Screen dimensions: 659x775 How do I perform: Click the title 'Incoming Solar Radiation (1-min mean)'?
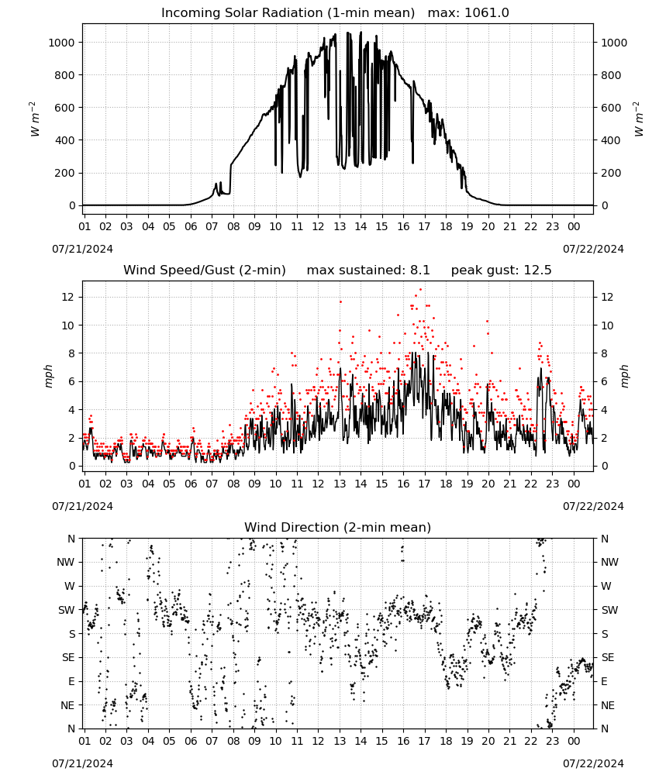288,13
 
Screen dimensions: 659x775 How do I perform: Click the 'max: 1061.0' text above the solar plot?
468,13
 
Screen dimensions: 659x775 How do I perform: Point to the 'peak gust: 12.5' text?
501,270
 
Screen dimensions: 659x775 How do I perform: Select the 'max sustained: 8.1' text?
368,270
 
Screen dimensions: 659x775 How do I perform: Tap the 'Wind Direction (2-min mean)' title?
338,527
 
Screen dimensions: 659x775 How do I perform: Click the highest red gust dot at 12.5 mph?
421,290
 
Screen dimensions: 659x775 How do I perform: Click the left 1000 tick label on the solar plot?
62,43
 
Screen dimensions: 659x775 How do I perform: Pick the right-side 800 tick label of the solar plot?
611,75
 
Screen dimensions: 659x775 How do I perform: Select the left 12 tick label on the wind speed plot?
68,297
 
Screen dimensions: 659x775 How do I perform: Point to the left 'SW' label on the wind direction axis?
67,610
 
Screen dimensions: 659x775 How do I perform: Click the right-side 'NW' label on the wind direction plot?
609,563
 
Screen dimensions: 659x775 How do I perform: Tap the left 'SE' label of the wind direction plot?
68,657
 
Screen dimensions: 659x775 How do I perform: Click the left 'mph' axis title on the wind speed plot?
48,376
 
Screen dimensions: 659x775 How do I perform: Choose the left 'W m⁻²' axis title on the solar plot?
34,119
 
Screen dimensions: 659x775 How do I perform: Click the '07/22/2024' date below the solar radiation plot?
593,249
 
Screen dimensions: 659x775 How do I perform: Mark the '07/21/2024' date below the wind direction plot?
82,763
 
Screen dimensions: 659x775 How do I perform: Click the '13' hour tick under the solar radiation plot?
340,226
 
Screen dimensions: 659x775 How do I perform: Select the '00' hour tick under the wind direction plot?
574,741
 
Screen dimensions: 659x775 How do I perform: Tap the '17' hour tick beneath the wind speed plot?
424,484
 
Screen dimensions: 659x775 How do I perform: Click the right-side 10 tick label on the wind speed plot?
607,325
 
